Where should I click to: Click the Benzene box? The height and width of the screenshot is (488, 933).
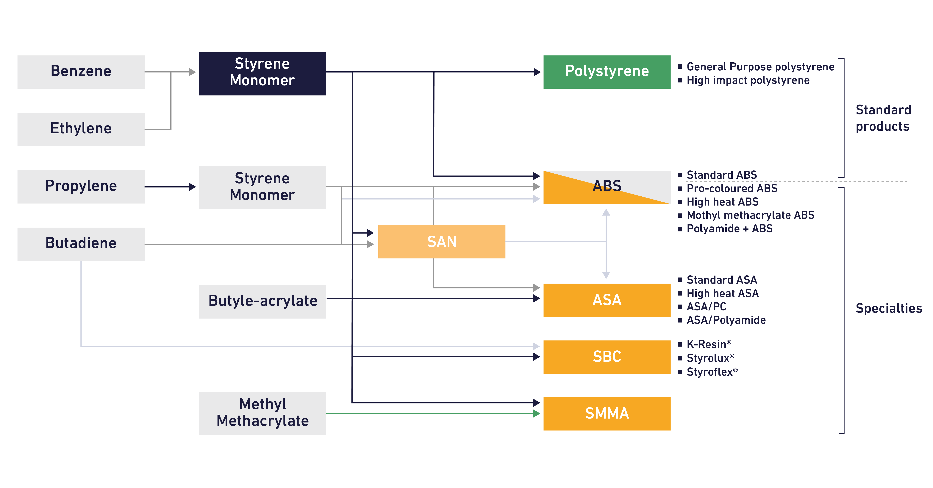coord(81,72)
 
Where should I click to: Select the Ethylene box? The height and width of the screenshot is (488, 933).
coord(81,129)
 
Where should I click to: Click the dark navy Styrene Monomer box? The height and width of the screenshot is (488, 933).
coord(262,74)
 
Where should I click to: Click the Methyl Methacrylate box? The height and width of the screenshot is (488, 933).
coord(262,413)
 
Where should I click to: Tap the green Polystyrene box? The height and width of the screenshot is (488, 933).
coord(607,72)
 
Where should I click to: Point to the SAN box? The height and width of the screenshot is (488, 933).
coord(442,241)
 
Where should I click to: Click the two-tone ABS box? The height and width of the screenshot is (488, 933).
coord(607,187)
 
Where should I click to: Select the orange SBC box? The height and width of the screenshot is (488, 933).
coord(607,357)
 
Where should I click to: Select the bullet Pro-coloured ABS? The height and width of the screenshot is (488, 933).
coord(732,188)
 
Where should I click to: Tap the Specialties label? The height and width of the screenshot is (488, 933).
coord(888,308)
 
